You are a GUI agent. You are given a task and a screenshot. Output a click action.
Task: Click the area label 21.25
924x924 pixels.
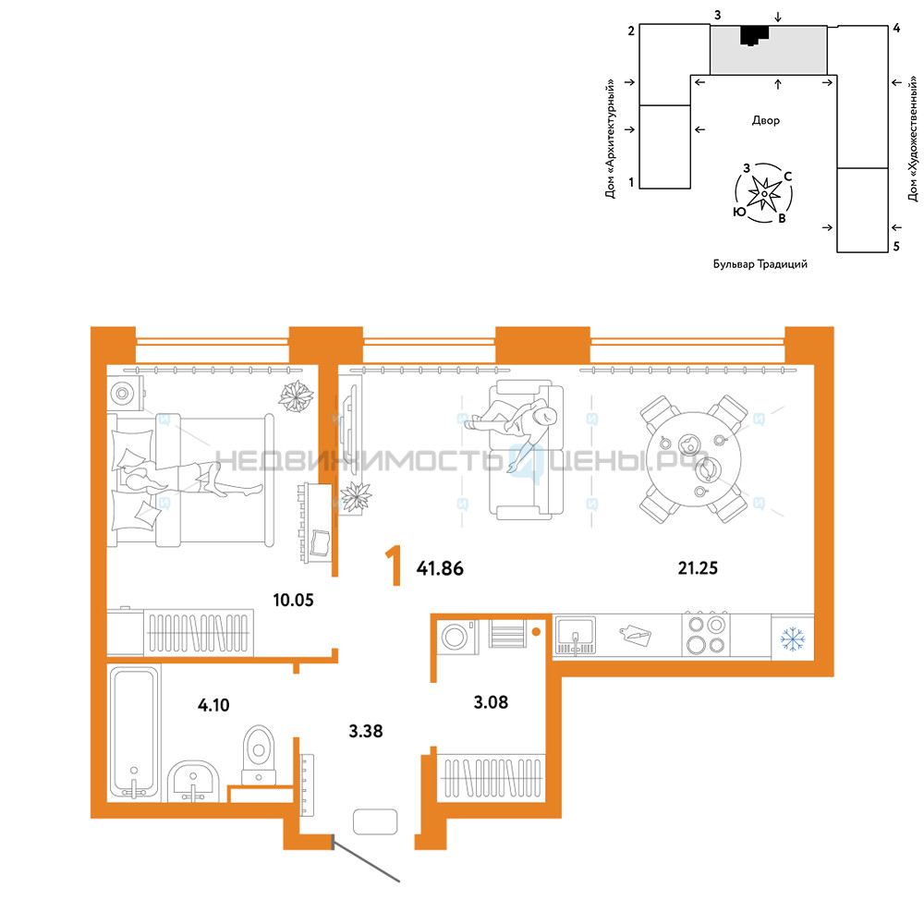point(698,568)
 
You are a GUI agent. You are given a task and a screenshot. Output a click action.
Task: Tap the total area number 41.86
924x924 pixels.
point(440,568)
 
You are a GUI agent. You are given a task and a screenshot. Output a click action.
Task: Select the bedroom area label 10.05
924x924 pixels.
point(293,600)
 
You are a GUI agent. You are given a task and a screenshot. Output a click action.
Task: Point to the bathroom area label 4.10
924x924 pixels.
point(213,705)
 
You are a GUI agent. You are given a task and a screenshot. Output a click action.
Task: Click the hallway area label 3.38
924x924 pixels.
point(365,731)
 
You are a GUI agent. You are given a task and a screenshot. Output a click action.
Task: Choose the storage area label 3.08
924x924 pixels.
point(491,702)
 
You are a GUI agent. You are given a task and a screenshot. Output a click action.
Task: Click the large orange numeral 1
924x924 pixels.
point(394,565)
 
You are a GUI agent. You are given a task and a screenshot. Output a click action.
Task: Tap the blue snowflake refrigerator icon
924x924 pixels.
point(793,638)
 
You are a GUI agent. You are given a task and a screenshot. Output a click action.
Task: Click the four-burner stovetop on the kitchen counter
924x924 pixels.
point(706,634)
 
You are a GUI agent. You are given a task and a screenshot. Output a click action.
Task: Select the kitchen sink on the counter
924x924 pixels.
point(575,636)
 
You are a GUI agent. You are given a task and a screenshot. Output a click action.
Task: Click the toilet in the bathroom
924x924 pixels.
point(259,754)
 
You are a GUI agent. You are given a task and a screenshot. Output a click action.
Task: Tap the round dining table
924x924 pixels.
point(694,459)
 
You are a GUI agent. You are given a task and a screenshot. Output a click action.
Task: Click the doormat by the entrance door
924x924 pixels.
point(375,821)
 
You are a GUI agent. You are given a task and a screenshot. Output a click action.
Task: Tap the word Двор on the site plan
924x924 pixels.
point(765,120)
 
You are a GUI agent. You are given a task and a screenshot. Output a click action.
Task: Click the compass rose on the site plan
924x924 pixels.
point(764,193)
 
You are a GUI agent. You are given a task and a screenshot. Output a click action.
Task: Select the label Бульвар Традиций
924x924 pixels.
point(760,264)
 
